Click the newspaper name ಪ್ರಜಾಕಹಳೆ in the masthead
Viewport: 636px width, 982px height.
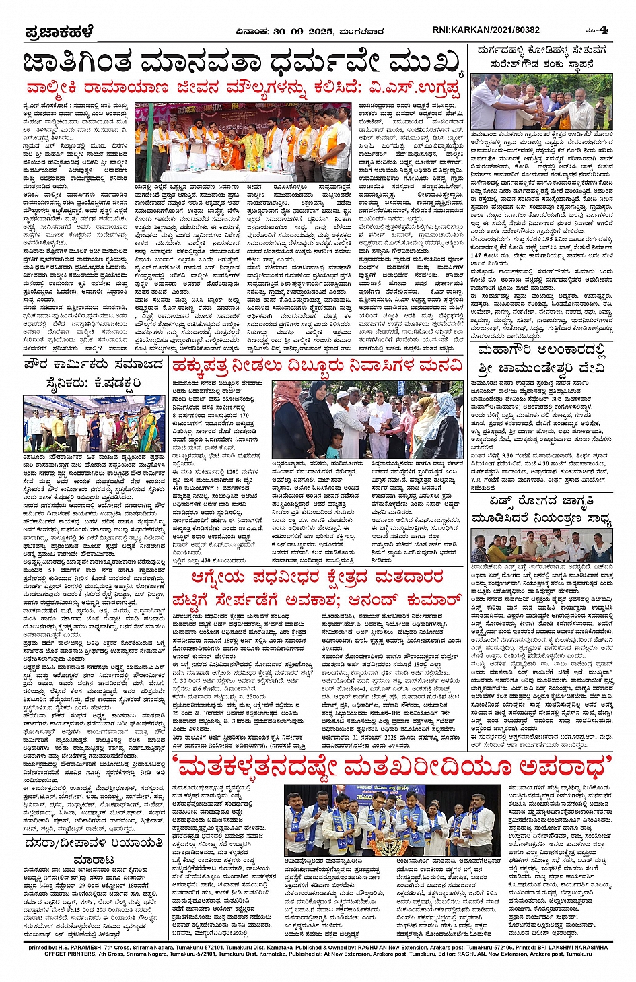pyautogui.click(x=59, y=32)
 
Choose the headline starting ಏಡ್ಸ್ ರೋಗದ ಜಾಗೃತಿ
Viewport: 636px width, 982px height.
pyautogui.click(x=542, y=511)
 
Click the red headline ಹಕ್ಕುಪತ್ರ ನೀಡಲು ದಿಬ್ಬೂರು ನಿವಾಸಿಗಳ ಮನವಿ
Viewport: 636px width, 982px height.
pyautogui.click(x=318, y=366)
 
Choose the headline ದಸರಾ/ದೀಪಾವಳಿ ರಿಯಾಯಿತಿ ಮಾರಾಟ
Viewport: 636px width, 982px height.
pyautogui.click(x=93, y=851)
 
